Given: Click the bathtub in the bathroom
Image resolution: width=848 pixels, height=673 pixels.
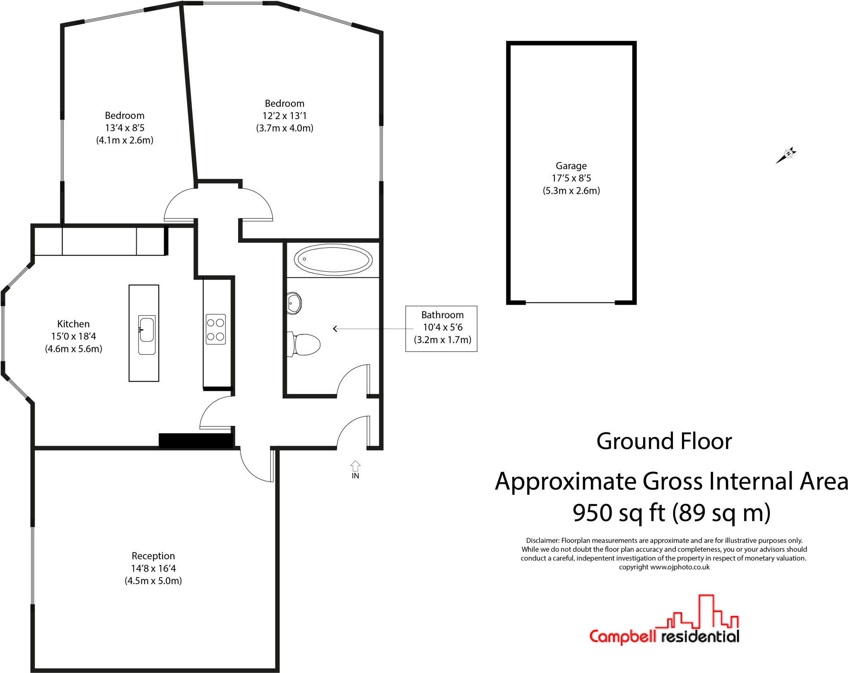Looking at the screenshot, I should (x=333, y=260).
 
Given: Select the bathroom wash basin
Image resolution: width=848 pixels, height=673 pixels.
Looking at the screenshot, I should (x=294, y=303).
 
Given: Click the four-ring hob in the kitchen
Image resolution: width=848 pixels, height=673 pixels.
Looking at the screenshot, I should (x=216, y=329).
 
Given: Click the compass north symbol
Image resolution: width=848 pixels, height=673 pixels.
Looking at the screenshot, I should (x=788, y=154).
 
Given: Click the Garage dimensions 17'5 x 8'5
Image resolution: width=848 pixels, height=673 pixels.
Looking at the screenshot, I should (x=571, y=178).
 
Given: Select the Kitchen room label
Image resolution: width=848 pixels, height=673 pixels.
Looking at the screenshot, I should (x=73, y=324).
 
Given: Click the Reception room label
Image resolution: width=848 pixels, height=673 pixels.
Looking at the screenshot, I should (x=153, y=556).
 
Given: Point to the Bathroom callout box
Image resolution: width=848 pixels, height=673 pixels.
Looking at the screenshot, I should (x=441, y=329).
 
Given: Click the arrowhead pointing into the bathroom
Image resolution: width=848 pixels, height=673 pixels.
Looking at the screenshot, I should (x=335, y=329).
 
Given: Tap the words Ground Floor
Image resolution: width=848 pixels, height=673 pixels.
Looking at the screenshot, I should (x=664, y=441).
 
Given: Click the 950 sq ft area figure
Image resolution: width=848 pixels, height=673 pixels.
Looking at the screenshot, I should (x=619, y=513).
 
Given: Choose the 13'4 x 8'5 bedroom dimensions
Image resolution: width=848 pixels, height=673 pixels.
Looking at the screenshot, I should (x=125, y=128).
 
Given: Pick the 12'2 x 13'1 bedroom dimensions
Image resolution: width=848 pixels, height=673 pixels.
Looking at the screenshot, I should (x=284, y=116).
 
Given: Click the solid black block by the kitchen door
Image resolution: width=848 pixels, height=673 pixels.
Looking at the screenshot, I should (x=195, y=440).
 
